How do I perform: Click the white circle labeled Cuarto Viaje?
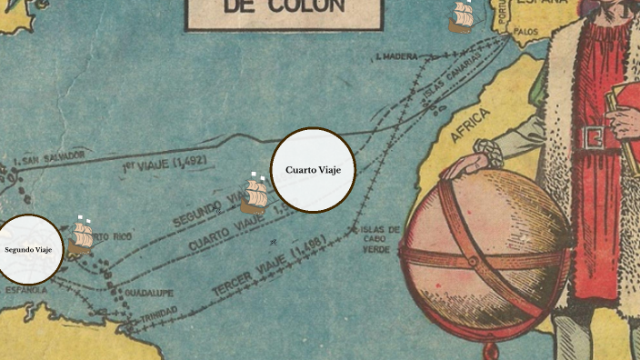pyautogui.click(x=313, y=170)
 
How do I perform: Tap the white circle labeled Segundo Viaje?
pyautogui.click(x=28, y=249)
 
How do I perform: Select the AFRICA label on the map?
pyautogui.click(x=470, y=125)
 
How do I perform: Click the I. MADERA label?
pyautogui.click(x=396, y=57)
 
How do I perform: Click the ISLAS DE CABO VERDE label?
pyautogui.click(x=379, y=239)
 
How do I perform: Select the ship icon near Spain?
pyautogui.click(x=463, y=17)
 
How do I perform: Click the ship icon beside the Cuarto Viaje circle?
pyautogui.click(x=255, y=194)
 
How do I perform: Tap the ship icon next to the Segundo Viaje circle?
pyautogui.click(x=82, y=237)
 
